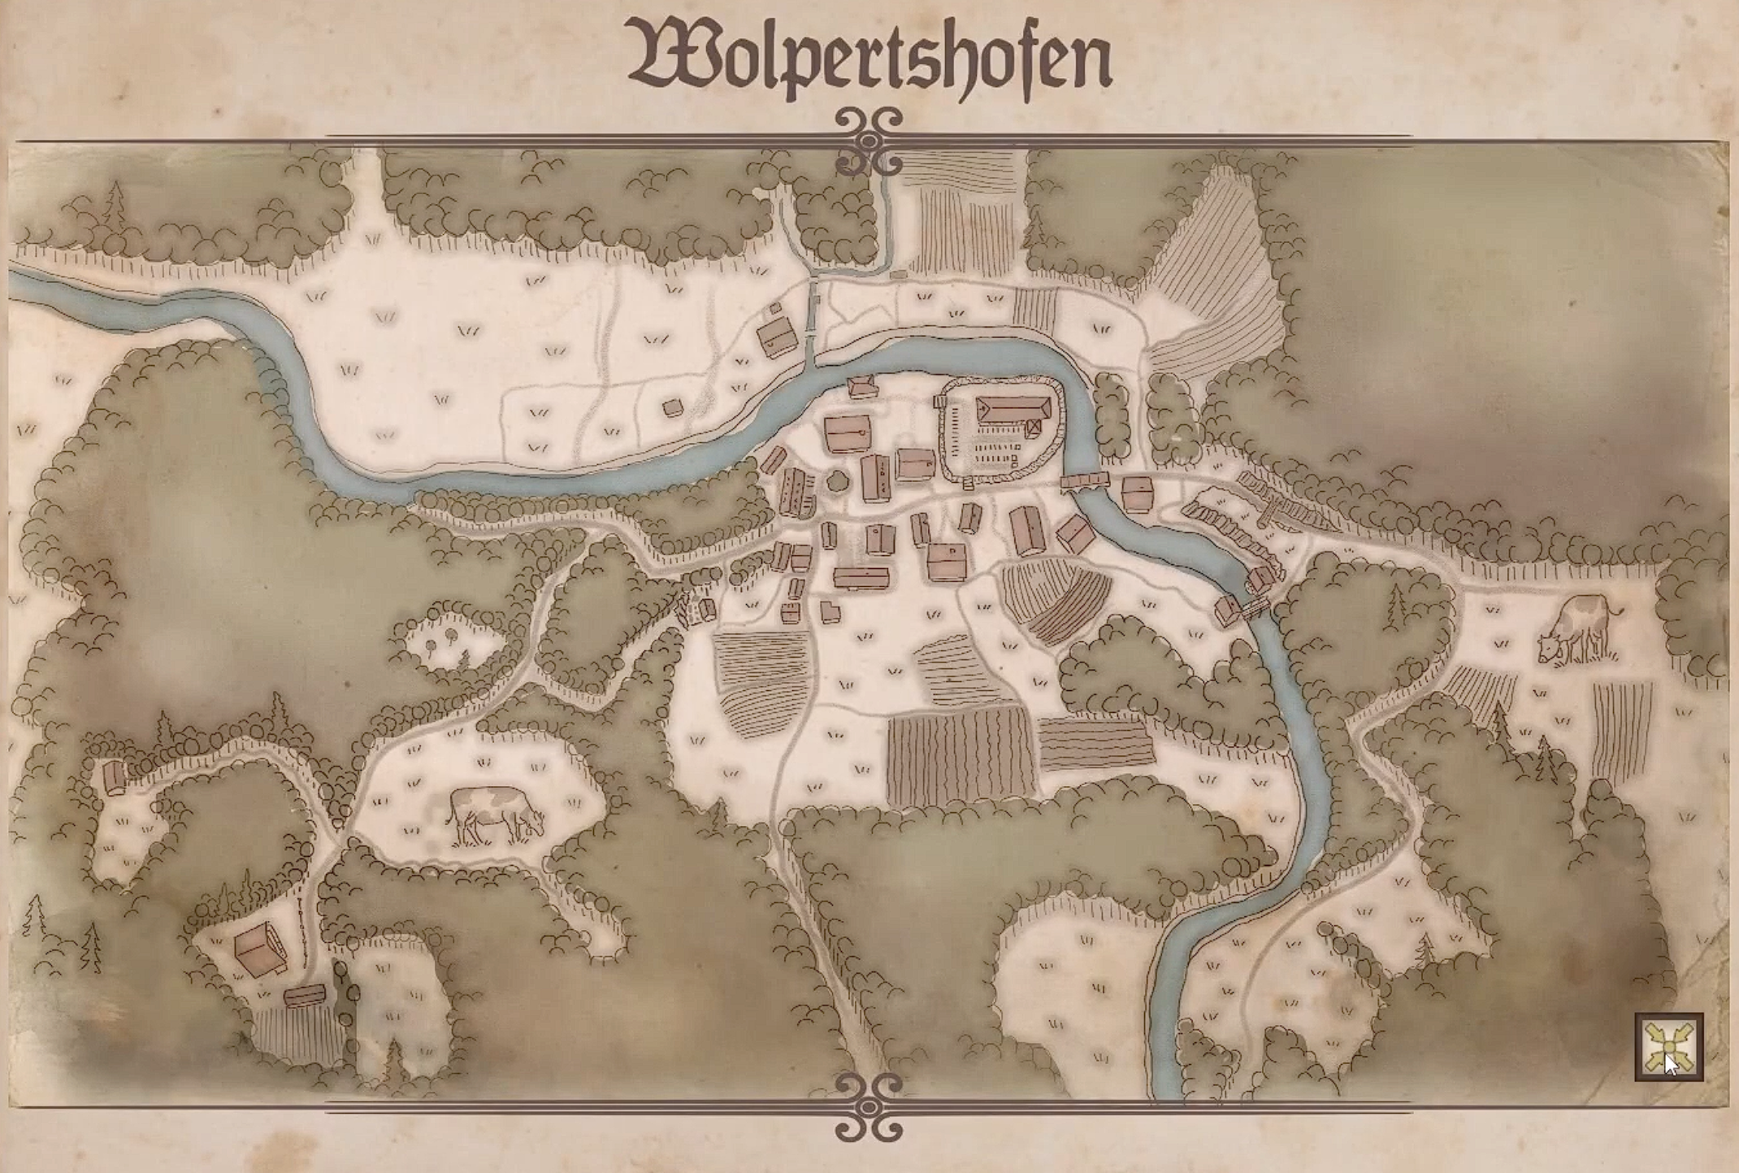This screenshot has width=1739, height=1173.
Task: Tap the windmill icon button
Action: click(1669, 1046)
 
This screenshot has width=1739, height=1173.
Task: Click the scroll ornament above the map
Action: click(869, 142)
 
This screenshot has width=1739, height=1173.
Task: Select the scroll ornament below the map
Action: click(869, 1106)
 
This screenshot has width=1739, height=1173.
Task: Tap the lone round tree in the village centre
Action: click(838, 481)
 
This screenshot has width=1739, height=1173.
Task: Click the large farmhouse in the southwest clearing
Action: click(260, 949)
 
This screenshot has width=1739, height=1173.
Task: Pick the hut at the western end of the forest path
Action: click(115, 778)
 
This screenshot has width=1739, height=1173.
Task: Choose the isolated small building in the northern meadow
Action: click(672, 407)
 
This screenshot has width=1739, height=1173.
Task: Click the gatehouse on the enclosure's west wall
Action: click(940, 401)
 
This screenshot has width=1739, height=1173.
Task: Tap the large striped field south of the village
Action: click(961, 756)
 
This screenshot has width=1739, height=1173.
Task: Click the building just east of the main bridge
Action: click(1137, 494)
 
